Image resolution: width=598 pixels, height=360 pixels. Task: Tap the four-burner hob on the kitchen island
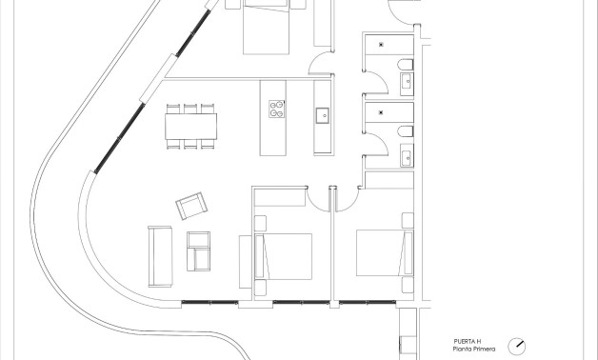click(276, 109)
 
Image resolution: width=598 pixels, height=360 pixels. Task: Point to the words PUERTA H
click(468, 342)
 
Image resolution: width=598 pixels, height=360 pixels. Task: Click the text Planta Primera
click(474, 350)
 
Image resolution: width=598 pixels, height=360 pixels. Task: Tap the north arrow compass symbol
click(517, 346)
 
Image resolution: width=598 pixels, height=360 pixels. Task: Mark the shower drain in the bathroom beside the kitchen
click(381, 112)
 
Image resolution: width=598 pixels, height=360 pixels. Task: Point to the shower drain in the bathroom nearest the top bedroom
click(381, 44)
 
